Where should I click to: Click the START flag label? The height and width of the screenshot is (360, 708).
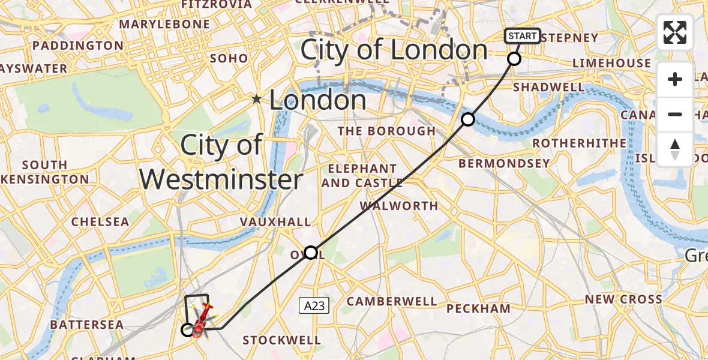click(x=522, y=36)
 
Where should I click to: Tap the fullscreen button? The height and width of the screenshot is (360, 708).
click(x=675, y=32)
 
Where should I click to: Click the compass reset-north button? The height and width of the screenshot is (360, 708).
click(x=675, y=149)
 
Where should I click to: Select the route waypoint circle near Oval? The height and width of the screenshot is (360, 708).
click(x=311, y=253)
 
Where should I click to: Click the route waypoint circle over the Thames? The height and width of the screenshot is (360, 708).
click(x=468, y=119)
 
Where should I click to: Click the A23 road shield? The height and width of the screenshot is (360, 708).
click(x=314, y=306)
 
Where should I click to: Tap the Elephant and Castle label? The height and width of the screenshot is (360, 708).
click(x=362, y=176)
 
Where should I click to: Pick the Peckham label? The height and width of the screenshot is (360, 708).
click(x=479, y=308)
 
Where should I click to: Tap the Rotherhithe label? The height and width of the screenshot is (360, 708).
click(x=579, y=143)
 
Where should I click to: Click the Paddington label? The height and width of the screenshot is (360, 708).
click(x=77, y=46)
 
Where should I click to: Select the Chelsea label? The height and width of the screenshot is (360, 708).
click(x=100, y=221)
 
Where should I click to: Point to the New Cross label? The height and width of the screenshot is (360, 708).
click(x=624, y=299)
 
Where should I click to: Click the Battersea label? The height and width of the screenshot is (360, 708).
click(x=87, y=325)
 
